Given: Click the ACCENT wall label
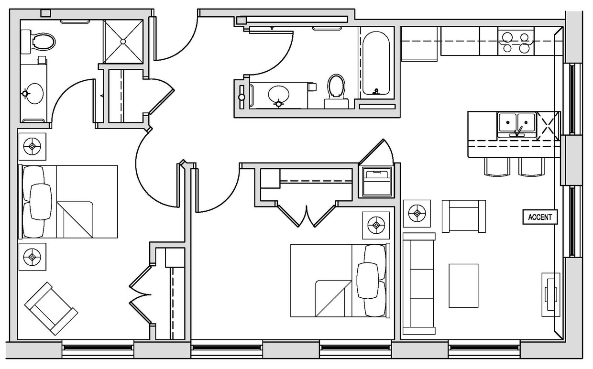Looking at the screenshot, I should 540,217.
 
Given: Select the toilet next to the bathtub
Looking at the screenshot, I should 336,91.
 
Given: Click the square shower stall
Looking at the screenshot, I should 123,42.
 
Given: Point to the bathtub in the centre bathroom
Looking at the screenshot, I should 376,63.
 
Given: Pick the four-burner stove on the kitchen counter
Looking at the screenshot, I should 516,42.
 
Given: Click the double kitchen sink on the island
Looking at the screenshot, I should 516,125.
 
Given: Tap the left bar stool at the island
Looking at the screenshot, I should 497,167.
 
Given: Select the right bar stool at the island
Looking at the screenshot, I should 531,167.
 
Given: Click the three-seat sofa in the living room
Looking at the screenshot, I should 419,283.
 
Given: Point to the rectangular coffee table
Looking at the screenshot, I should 463,285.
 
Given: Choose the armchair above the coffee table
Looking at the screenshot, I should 463,216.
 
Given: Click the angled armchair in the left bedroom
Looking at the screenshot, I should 51,308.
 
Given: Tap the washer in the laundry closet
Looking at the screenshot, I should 377,182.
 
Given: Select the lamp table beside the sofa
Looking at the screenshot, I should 417,213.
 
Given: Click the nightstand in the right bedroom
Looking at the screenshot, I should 376,225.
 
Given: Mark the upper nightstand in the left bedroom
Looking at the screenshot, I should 32,146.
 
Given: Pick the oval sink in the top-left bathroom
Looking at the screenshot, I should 33,93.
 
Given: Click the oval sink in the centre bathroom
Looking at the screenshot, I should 278,94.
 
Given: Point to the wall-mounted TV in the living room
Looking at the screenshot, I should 550,294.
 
